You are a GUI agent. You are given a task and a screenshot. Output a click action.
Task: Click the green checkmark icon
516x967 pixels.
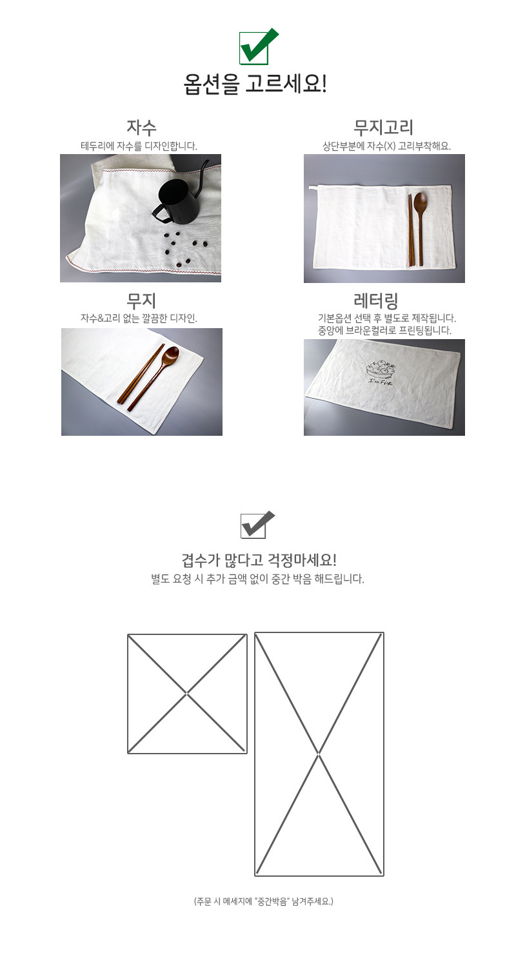pyautogui.click(x=258, y=46)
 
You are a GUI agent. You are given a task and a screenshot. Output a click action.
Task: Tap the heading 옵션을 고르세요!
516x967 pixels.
pyautogui.click(x=255, y=84)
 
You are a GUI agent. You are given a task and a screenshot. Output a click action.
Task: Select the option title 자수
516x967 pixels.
pyautogui.click(x=141, y=128)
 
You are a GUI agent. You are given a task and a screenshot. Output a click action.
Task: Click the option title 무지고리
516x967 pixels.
pyautogui.click(x=383, y=128)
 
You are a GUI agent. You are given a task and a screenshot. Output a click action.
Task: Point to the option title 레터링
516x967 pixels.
pyautogui.click(x=375, y=301)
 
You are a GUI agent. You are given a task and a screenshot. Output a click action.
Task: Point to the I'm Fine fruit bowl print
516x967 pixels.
pyautogui.click(x=380, y=372)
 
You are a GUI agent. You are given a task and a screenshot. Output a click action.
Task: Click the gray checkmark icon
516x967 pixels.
pyautogui.click(x=257, y=525)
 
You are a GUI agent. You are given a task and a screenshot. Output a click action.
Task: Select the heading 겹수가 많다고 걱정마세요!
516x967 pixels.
pyautogui.click(x=259, y=560)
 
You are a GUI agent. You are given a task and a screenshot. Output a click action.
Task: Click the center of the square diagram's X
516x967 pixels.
pyautogui.click(x=187, y=694)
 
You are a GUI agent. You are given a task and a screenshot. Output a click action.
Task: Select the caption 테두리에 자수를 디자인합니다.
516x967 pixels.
pyautogui.click(x=139, y=146)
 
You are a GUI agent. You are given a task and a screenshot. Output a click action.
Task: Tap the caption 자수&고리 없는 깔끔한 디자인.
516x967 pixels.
pyautogui.click(x=139, y=318)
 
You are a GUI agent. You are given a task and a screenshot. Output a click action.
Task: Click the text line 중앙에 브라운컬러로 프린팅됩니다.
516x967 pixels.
pyautogui.click(x=384, y=331)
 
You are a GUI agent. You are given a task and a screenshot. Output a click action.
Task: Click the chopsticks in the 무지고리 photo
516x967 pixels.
pyautogui.click(x=411, y=230)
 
